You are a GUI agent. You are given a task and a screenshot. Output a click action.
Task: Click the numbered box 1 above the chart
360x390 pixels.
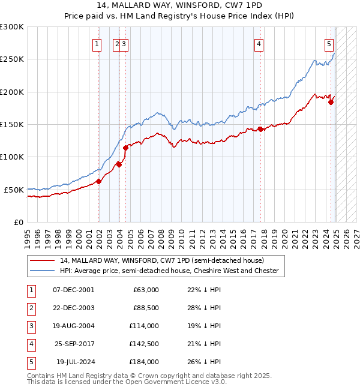97,43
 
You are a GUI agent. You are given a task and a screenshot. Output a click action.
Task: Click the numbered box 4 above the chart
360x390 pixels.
259,43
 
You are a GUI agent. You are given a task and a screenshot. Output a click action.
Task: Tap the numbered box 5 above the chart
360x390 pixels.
329,43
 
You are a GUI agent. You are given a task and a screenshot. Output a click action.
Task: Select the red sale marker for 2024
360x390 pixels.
331,102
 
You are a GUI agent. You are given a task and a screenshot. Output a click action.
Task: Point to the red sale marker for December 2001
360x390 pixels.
98,181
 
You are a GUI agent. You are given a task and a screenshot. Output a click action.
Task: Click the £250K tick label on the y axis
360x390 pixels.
12,59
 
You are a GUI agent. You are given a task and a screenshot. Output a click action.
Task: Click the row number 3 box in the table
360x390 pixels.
30,326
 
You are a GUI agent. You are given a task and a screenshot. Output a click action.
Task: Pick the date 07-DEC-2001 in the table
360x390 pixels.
73,290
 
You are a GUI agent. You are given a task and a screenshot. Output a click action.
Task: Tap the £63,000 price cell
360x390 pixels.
146,290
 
